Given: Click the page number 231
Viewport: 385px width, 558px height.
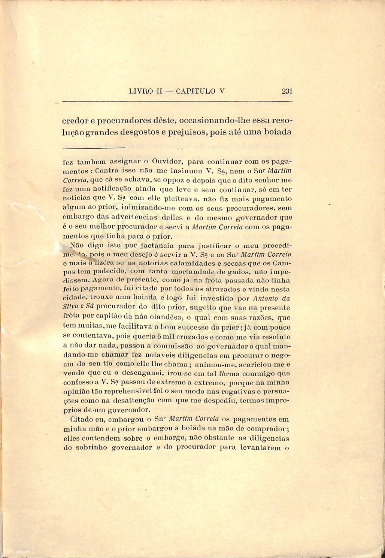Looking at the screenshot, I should (287, 91).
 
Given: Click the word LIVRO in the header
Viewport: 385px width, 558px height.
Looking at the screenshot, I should (140, 91).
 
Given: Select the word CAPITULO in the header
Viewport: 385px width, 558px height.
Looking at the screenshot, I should (195, 91).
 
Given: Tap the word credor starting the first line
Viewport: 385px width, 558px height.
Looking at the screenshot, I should (75, 121).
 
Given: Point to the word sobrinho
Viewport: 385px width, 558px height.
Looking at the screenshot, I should (91, 447).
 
